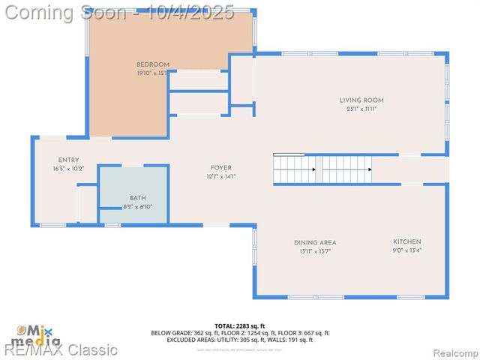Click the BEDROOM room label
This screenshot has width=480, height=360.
pos(153,64)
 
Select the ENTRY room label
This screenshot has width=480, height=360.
pos(68,160)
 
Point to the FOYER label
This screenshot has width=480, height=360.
pos(220,168)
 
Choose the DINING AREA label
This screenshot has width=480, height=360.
pos(315,242)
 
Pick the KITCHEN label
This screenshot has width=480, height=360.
pos(407,241)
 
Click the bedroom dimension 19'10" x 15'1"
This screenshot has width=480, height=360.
pos(153,73)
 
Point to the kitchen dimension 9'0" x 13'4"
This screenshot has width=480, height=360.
pos(407,250)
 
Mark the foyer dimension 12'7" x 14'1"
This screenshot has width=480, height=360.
pos(220,177)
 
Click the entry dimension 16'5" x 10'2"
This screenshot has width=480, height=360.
pos(68,169)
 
